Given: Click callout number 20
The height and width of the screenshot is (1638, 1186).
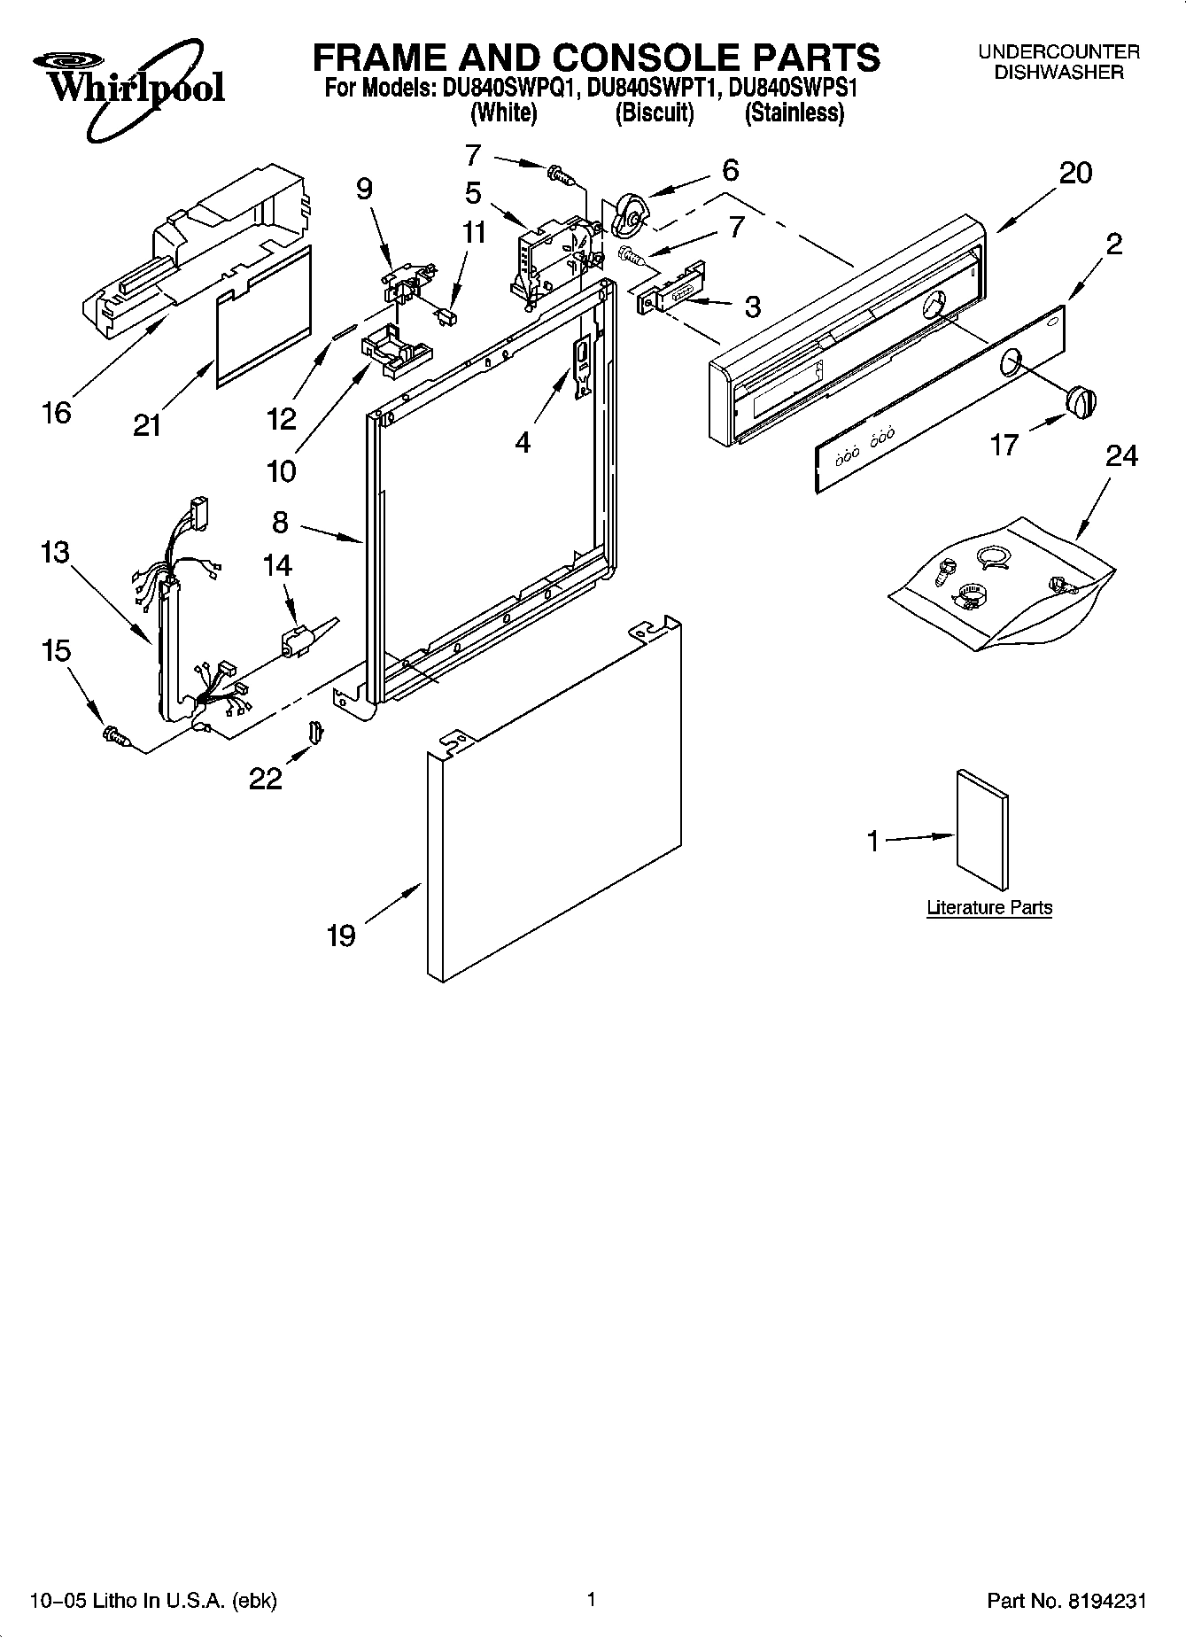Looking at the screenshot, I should tap(1075, 174).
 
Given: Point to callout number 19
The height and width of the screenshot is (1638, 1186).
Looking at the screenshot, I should tap(341, 935).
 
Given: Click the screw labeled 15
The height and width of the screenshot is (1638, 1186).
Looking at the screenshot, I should tap(116, 734).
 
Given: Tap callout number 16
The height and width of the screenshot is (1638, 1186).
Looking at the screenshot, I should tap(57, 412).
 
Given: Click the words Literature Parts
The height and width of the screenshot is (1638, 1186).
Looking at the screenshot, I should tap(989, 907).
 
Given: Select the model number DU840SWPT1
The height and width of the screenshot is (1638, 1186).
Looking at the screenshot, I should tap(650, 89).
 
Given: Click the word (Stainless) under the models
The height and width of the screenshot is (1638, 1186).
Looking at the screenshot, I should tap(794, 113).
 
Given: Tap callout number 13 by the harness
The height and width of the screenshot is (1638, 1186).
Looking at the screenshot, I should tap(54, 552).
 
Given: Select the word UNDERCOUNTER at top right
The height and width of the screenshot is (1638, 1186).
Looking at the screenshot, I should tap(1058, 52).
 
